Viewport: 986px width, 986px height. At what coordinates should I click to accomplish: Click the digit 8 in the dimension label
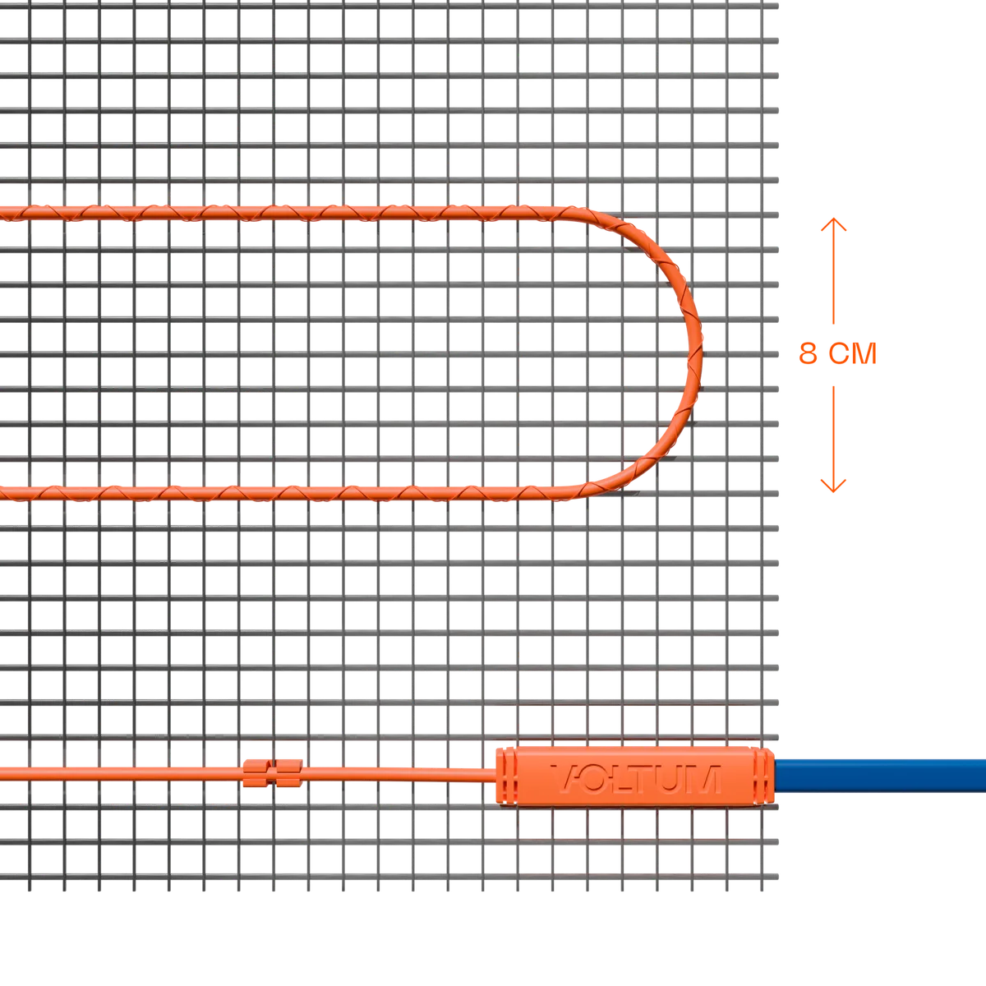pos(808,353)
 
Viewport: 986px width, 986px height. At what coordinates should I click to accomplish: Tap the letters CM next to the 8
pos(853,353)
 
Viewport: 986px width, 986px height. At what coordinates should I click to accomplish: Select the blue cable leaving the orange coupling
pos(880,776)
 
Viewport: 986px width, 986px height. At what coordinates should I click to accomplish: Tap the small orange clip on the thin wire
pos(272,773)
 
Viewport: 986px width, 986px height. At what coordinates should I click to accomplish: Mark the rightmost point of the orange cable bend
pos(702,353)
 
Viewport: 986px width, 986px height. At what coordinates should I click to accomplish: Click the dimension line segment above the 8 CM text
pos(833,271)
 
